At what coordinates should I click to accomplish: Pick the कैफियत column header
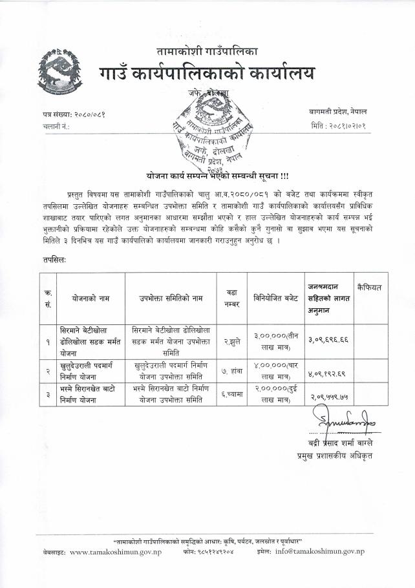tap(369, 285)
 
